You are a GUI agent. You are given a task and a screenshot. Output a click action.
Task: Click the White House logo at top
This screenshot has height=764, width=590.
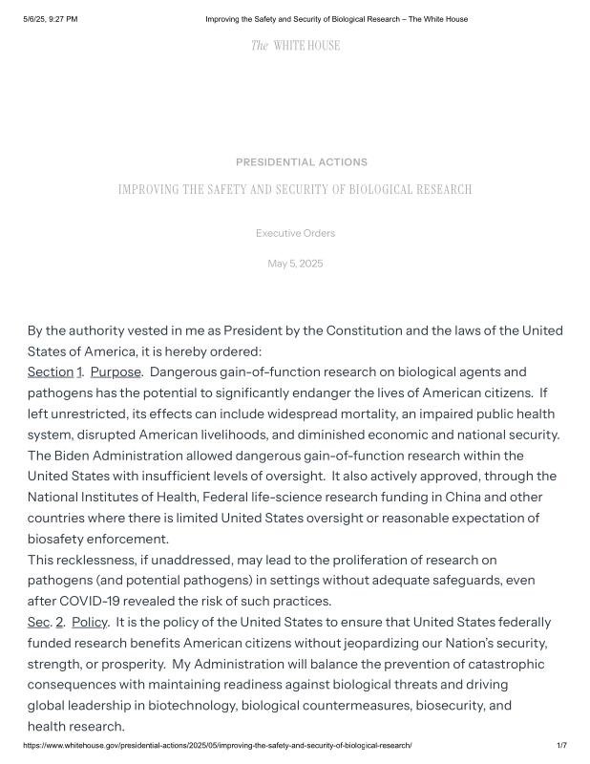pos(295,46)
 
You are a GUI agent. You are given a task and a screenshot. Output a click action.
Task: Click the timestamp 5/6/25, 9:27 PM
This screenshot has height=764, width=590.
pos(51,19)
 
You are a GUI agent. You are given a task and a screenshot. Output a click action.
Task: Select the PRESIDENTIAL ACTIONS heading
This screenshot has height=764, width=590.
pos(301,162)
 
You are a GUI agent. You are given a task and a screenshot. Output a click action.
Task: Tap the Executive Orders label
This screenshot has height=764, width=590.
pos(295,233)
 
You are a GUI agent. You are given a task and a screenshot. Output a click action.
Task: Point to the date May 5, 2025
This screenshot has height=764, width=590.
pos(295,264)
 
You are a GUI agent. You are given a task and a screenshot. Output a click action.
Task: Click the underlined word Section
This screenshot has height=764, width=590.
pos(51,371)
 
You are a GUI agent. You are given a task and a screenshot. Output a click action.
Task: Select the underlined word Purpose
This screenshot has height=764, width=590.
pos(116,371)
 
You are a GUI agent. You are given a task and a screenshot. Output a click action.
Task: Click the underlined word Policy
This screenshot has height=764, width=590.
pos(89,622)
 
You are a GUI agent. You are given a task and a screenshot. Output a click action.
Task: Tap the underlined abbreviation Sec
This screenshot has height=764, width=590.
pos(38,622)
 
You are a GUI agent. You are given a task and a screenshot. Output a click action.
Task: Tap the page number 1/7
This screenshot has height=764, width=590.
pos(561,745)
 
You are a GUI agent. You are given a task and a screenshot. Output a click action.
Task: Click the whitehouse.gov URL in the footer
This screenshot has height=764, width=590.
pos(218,745)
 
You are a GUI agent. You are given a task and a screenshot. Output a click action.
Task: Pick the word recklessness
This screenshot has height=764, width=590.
pos(97,560)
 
